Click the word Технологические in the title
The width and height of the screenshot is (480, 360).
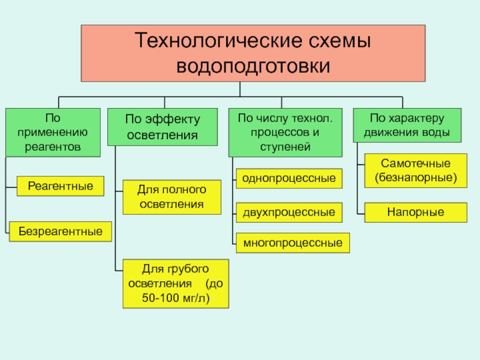(219, 40)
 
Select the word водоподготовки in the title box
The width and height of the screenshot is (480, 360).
(253, 66)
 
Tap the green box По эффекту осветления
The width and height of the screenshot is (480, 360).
(163, 127)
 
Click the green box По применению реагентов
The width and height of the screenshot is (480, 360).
(53, 133)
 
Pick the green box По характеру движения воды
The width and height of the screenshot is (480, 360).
(407, 125)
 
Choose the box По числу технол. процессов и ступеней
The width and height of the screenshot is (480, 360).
(286, 133)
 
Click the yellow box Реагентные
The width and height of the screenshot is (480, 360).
(61, 186)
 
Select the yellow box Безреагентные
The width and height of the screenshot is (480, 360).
(61, 232)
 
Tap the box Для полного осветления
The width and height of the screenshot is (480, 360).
(172, 197)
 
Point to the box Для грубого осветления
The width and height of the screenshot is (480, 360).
(176, 284)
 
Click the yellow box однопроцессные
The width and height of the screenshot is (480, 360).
(289, 178)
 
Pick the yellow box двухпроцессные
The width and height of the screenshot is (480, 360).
(289, 212)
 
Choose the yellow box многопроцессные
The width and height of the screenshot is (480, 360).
(293, 243)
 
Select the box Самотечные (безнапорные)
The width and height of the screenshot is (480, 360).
(416, 170)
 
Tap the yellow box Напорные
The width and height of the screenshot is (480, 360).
(416, 212)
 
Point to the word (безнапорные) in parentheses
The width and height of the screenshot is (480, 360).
(416, 178)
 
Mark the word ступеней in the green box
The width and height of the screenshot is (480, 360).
(286, 147)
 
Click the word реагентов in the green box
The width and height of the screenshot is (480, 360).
(53, 147)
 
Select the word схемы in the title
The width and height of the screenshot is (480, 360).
(340, 41)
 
